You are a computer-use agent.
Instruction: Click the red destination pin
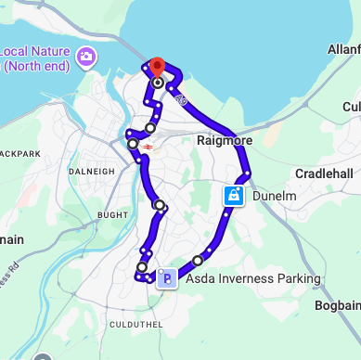[157, 67]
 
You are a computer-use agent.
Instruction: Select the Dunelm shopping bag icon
[235, 196]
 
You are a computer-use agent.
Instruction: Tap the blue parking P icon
[166, 277]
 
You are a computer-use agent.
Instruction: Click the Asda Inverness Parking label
[252, 278]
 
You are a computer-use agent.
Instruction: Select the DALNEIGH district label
[92, 171]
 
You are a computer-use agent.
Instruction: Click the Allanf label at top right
[343, 47]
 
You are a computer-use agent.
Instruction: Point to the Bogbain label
[336, 304]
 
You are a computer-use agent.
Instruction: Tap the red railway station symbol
[148, 146]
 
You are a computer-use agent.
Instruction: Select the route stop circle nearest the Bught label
[160, 205]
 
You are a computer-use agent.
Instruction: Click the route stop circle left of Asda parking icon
[142, 267]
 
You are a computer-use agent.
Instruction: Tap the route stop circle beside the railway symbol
[133, 144]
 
